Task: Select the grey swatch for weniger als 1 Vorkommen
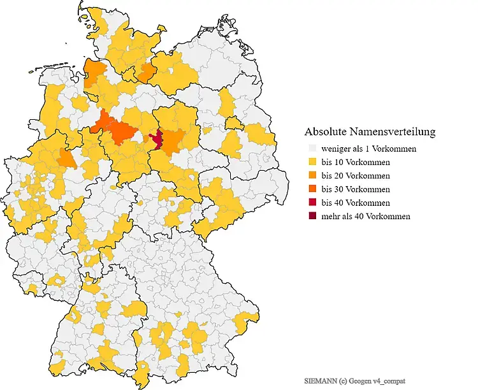click(x=312, y=148)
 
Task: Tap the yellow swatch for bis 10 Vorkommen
click(x=312, y=162)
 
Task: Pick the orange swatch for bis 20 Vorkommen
click(x=312, y=175)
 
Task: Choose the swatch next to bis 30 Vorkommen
click(x=312, y=189)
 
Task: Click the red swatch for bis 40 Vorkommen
click(x=312, y=203)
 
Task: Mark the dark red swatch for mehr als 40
click(x=312, y=216)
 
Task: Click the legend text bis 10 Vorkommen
click(x=356, y=162)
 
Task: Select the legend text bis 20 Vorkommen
click(x=356, y=175)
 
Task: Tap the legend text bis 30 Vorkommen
click(x=356, y=189)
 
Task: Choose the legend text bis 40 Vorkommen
click(x=356, y=203)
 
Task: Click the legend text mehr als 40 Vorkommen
click(x=366, y=216)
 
